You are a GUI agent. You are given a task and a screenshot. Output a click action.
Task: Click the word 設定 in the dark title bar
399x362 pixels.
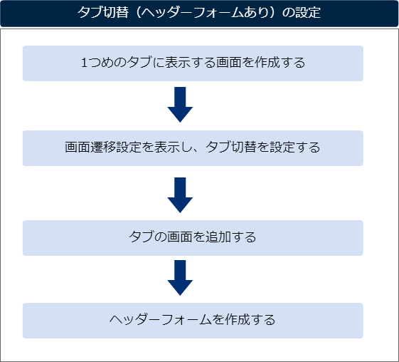(308, 12)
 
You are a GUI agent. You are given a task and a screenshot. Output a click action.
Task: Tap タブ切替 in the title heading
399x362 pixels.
(103, 12)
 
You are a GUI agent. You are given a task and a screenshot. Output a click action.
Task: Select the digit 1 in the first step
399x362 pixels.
(85, 63)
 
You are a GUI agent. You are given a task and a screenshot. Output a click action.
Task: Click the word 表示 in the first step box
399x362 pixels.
(177, 63)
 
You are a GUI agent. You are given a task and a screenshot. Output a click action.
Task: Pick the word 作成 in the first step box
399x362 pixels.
(267, 63)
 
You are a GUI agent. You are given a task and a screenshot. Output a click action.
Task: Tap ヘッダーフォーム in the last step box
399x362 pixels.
(161, 320)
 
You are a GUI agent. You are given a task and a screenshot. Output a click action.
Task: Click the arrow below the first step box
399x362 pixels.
(180, 105)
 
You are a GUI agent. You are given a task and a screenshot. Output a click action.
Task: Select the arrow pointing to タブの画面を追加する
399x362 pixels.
(180, 195)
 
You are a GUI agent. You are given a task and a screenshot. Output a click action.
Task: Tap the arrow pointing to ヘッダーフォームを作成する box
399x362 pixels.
(180, 278)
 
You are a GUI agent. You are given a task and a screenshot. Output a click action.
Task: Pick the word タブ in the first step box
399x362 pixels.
(139, 63)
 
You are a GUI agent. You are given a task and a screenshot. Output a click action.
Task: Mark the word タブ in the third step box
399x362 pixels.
(142, 237)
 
